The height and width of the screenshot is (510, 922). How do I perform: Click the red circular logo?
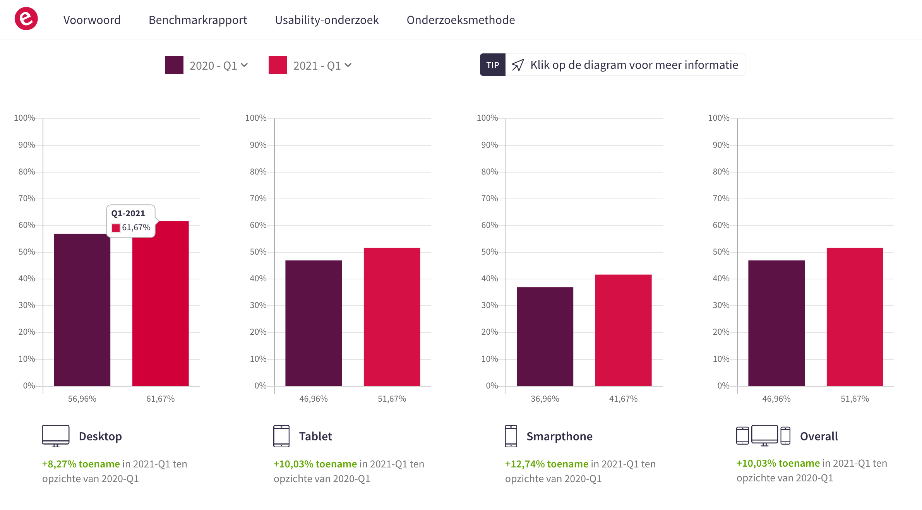click(26, 19)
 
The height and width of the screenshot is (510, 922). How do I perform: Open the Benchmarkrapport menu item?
click(198, 20)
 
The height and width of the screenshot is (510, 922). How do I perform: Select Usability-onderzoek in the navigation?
click(327, 20)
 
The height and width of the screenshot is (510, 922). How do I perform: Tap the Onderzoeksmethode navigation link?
click(461, 20)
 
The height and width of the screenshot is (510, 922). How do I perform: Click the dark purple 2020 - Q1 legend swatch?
click(174, 65)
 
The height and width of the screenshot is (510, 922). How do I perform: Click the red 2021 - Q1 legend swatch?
click(278, 65)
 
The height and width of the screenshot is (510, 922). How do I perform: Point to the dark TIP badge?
click(492, 65)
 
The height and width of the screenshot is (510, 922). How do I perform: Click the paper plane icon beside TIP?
click(518, 65)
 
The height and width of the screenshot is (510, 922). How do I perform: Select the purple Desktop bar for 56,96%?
click(82, 310)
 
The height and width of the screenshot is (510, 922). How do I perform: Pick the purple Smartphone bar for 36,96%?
click(545, 336)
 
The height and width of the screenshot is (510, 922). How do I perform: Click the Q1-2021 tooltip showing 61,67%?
click(131, 221)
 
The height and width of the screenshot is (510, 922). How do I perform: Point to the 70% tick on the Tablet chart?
click(258, 199)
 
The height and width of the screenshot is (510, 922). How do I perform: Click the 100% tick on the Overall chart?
click(719, 118)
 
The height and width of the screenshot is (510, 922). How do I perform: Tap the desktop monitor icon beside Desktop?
click(56, 436)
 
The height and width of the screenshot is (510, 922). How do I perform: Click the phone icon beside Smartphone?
click(511, 436)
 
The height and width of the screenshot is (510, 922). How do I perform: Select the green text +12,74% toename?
click(547, 464)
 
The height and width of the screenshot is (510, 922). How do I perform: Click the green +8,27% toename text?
click(81, 464)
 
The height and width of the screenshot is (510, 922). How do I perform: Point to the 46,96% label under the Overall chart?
click(776, 399)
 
